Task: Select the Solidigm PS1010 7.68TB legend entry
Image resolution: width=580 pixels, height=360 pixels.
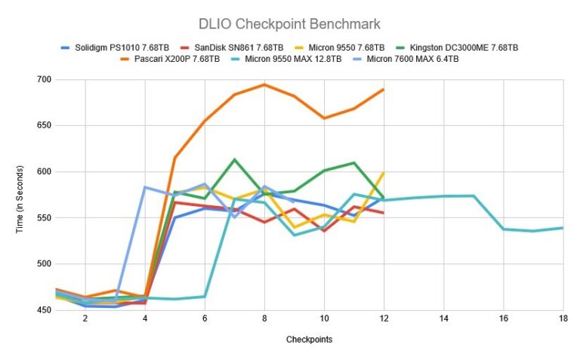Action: pos(122,47)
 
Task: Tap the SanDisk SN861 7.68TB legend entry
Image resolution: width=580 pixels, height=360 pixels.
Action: pos(238,47)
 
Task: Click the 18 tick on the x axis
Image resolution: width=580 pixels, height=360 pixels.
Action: pos(563,319)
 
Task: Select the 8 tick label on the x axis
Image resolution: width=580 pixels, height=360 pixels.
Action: pos(264,319)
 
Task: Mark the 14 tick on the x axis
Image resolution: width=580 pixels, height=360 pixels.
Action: pos(443,319)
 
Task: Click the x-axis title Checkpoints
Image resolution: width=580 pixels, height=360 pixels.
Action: pos(309,340)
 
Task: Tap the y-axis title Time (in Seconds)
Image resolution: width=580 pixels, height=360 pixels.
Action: pos(20,195)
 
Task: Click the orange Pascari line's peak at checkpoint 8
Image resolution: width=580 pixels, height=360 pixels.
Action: pos(264,85)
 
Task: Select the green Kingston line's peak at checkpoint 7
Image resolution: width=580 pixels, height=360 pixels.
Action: pos(234,159)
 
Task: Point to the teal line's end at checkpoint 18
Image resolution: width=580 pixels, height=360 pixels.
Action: pos(563,228)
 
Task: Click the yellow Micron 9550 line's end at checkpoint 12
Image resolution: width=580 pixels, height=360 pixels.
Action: pos(384,173)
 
